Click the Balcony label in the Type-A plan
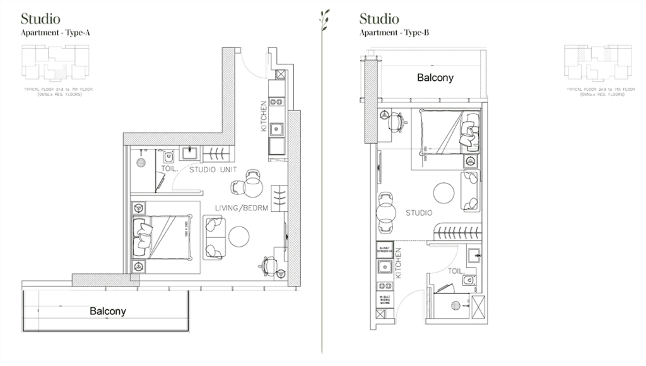[x=107, y=311]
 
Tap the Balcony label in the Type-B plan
[x=435, y=78]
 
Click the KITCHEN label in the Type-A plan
[x=264, y=117]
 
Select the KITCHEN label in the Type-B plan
[x=399, y=264]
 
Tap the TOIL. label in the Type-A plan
[x=168, y=169]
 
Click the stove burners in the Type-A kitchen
[x=276, y=101]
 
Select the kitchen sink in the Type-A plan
[x=276, y=128]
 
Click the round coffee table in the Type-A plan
[x=239, y=237]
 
